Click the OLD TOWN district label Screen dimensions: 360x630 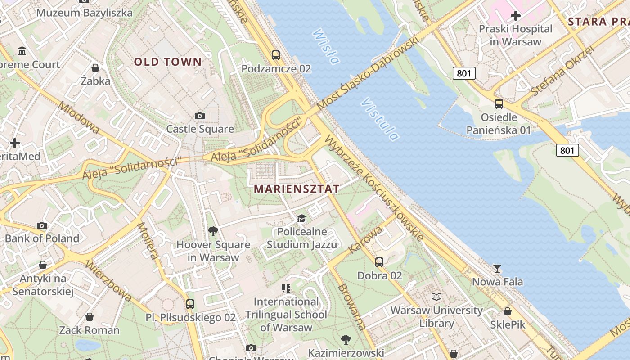coord(168,62)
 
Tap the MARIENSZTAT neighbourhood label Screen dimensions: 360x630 coord(297,189)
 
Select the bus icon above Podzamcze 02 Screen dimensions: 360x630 coord(276,55)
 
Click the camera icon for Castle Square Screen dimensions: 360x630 coord(200,116)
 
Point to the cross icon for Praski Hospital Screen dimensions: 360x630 coord(515,16)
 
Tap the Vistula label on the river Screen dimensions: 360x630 coord(380,119)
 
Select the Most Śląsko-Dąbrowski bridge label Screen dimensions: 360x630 coord(368,73)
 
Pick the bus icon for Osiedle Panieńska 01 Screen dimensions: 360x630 coord(499,104)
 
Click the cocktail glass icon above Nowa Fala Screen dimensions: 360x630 coord(497,269)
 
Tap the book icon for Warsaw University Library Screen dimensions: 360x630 coord(436,297)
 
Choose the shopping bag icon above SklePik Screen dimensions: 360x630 coord(508,311)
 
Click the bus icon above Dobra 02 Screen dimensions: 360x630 coord(379,262)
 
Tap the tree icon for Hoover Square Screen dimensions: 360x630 coord(213,231)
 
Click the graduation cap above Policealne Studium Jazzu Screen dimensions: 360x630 coord(301,219)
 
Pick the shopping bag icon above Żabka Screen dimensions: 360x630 coord(95,68)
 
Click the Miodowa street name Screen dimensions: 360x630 coord(79,117)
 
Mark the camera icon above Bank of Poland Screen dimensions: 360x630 coord(42,225)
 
